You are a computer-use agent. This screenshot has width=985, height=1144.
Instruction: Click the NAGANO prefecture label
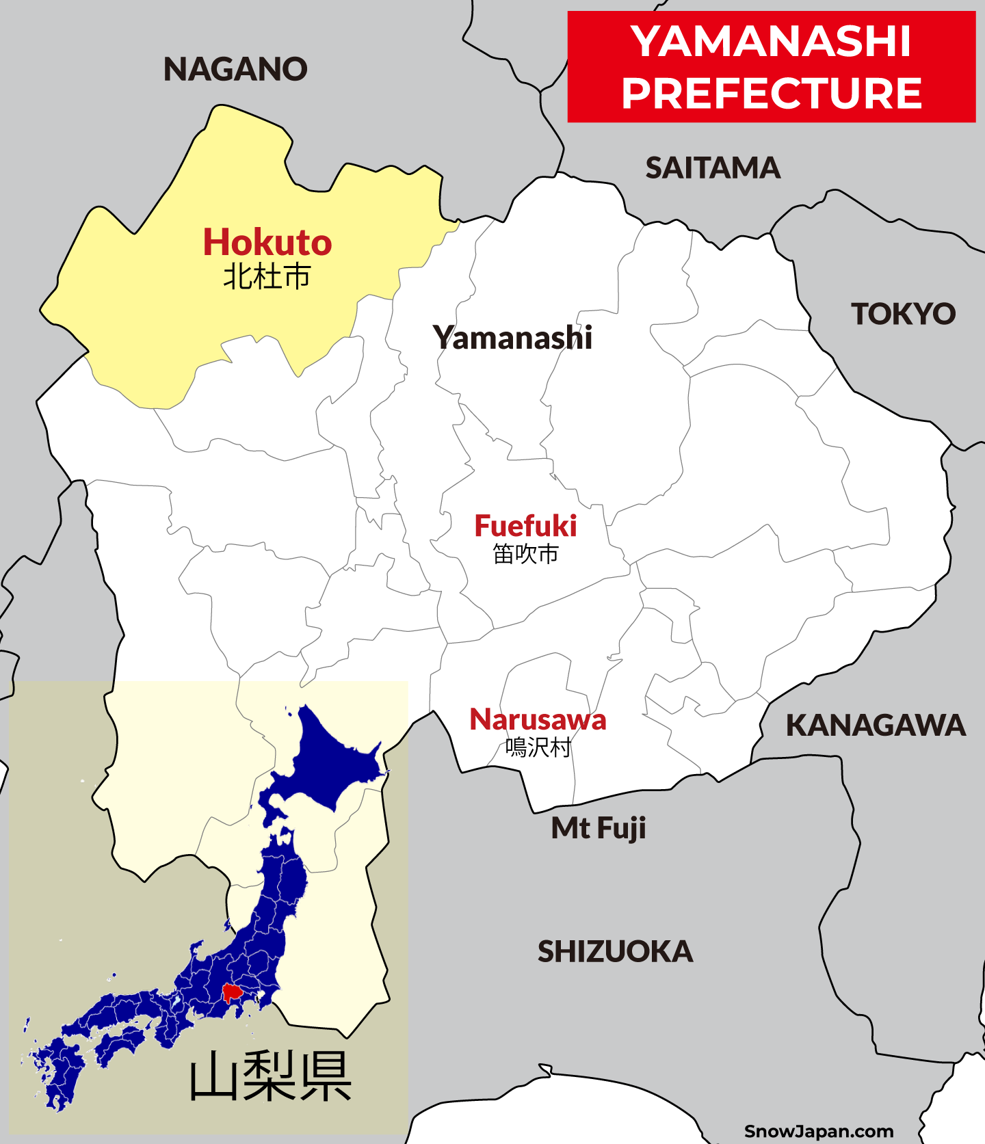click(235, 69)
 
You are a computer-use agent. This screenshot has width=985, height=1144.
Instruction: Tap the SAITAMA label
click(713, 168)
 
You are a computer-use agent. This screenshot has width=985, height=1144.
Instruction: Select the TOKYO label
click(903, 314)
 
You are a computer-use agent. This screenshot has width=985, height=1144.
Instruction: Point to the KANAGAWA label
click(876, 726)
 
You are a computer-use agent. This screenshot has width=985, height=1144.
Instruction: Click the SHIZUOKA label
click(615, 952)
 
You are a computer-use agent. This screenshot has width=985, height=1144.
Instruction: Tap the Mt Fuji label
click(599, 828)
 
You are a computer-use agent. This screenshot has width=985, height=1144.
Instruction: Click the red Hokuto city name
click(267, 243)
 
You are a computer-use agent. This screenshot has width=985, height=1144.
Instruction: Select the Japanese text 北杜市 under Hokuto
click(267, 277)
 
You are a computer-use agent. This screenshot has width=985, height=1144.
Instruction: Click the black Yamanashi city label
click(512, 338)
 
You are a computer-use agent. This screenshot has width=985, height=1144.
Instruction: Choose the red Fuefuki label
click(525, 526)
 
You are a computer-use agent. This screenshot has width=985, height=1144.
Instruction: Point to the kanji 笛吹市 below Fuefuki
click(525, 554)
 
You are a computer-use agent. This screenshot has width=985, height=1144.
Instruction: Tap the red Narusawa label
click(538, 719)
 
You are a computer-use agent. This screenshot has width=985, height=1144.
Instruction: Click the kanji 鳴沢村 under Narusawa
click(538, 747)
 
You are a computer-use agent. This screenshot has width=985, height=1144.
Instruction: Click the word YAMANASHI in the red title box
click(771, 41)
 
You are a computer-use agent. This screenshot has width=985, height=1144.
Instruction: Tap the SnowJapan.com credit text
click(819, 1131)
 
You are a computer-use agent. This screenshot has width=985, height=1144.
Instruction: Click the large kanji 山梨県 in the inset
click(270, 1077)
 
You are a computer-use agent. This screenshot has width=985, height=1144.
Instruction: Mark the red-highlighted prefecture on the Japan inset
click(233, 992)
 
